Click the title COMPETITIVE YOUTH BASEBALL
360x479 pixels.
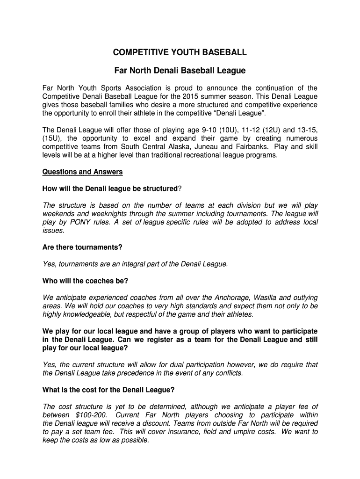180,52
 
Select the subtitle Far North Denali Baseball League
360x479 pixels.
180,71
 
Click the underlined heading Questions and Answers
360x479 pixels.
82,172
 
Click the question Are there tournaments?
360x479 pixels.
82,247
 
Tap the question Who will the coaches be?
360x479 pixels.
85,281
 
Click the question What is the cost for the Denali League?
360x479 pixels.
108,390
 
